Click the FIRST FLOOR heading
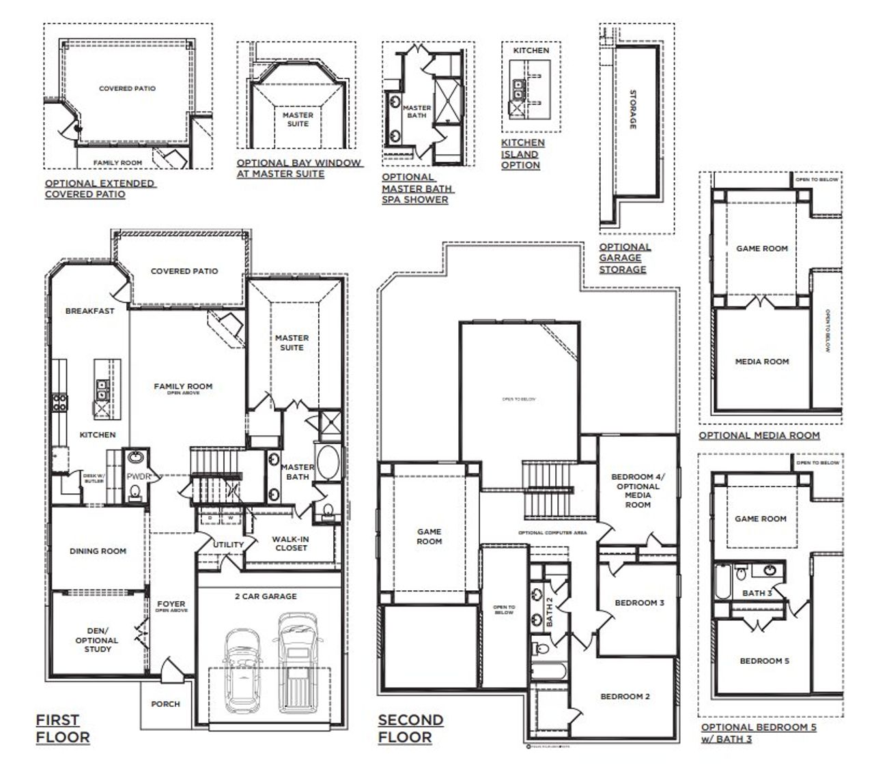(62, 728)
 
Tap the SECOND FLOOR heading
(410, 728)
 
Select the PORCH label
(166, 703)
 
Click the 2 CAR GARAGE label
(266, 596)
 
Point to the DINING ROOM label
(98, 551)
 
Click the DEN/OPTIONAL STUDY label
(98, 640)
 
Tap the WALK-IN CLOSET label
(291, 543)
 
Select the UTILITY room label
(227, 544)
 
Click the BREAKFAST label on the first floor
(89, 310)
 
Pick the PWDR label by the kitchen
(135, 476)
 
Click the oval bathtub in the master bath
(326, 463)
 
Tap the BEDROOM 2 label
(625, 696)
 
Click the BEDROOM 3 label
(639, 602)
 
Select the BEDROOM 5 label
(764, 660)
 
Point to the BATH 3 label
(757, 593)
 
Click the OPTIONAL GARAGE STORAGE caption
(624, 258)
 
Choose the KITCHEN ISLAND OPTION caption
(522, 154)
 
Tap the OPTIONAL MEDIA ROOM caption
(759, 435)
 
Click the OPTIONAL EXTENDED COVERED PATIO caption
(100, 188)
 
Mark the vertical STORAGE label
(632, 109)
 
